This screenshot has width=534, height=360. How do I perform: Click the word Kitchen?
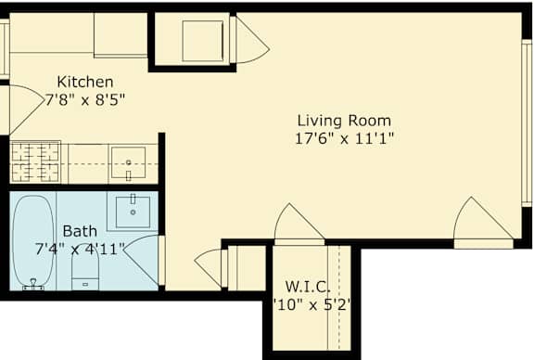[x=85, y=81]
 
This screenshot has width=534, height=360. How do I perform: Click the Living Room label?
[x=344, y=120]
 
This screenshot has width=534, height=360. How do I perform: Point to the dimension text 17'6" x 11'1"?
[x=344, y=138]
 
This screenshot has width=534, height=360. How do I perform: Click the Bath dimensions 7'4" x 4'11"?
[x=78, y=248]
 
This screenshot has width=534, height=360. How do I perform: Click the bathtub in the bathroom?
[x=34, y=239]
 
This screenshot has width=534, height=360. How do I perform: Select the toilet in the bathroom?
[x=85, y=269]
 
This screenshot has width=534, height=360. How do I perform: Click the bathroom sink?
[x=134, y=211]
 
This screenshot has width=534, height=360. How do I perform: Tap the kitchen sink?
[x=127, y=162]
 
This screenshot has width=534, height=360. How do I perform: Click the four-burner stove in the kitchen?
[x=34, y=161]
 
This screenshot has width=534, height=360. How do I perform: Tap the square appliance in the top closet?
[x=200, y=40]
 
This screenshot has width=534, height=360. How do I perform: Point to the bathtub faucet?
[x=34, y=286]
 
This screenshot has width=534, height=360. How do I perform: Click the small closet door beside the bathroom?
[x=210, y=266]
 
